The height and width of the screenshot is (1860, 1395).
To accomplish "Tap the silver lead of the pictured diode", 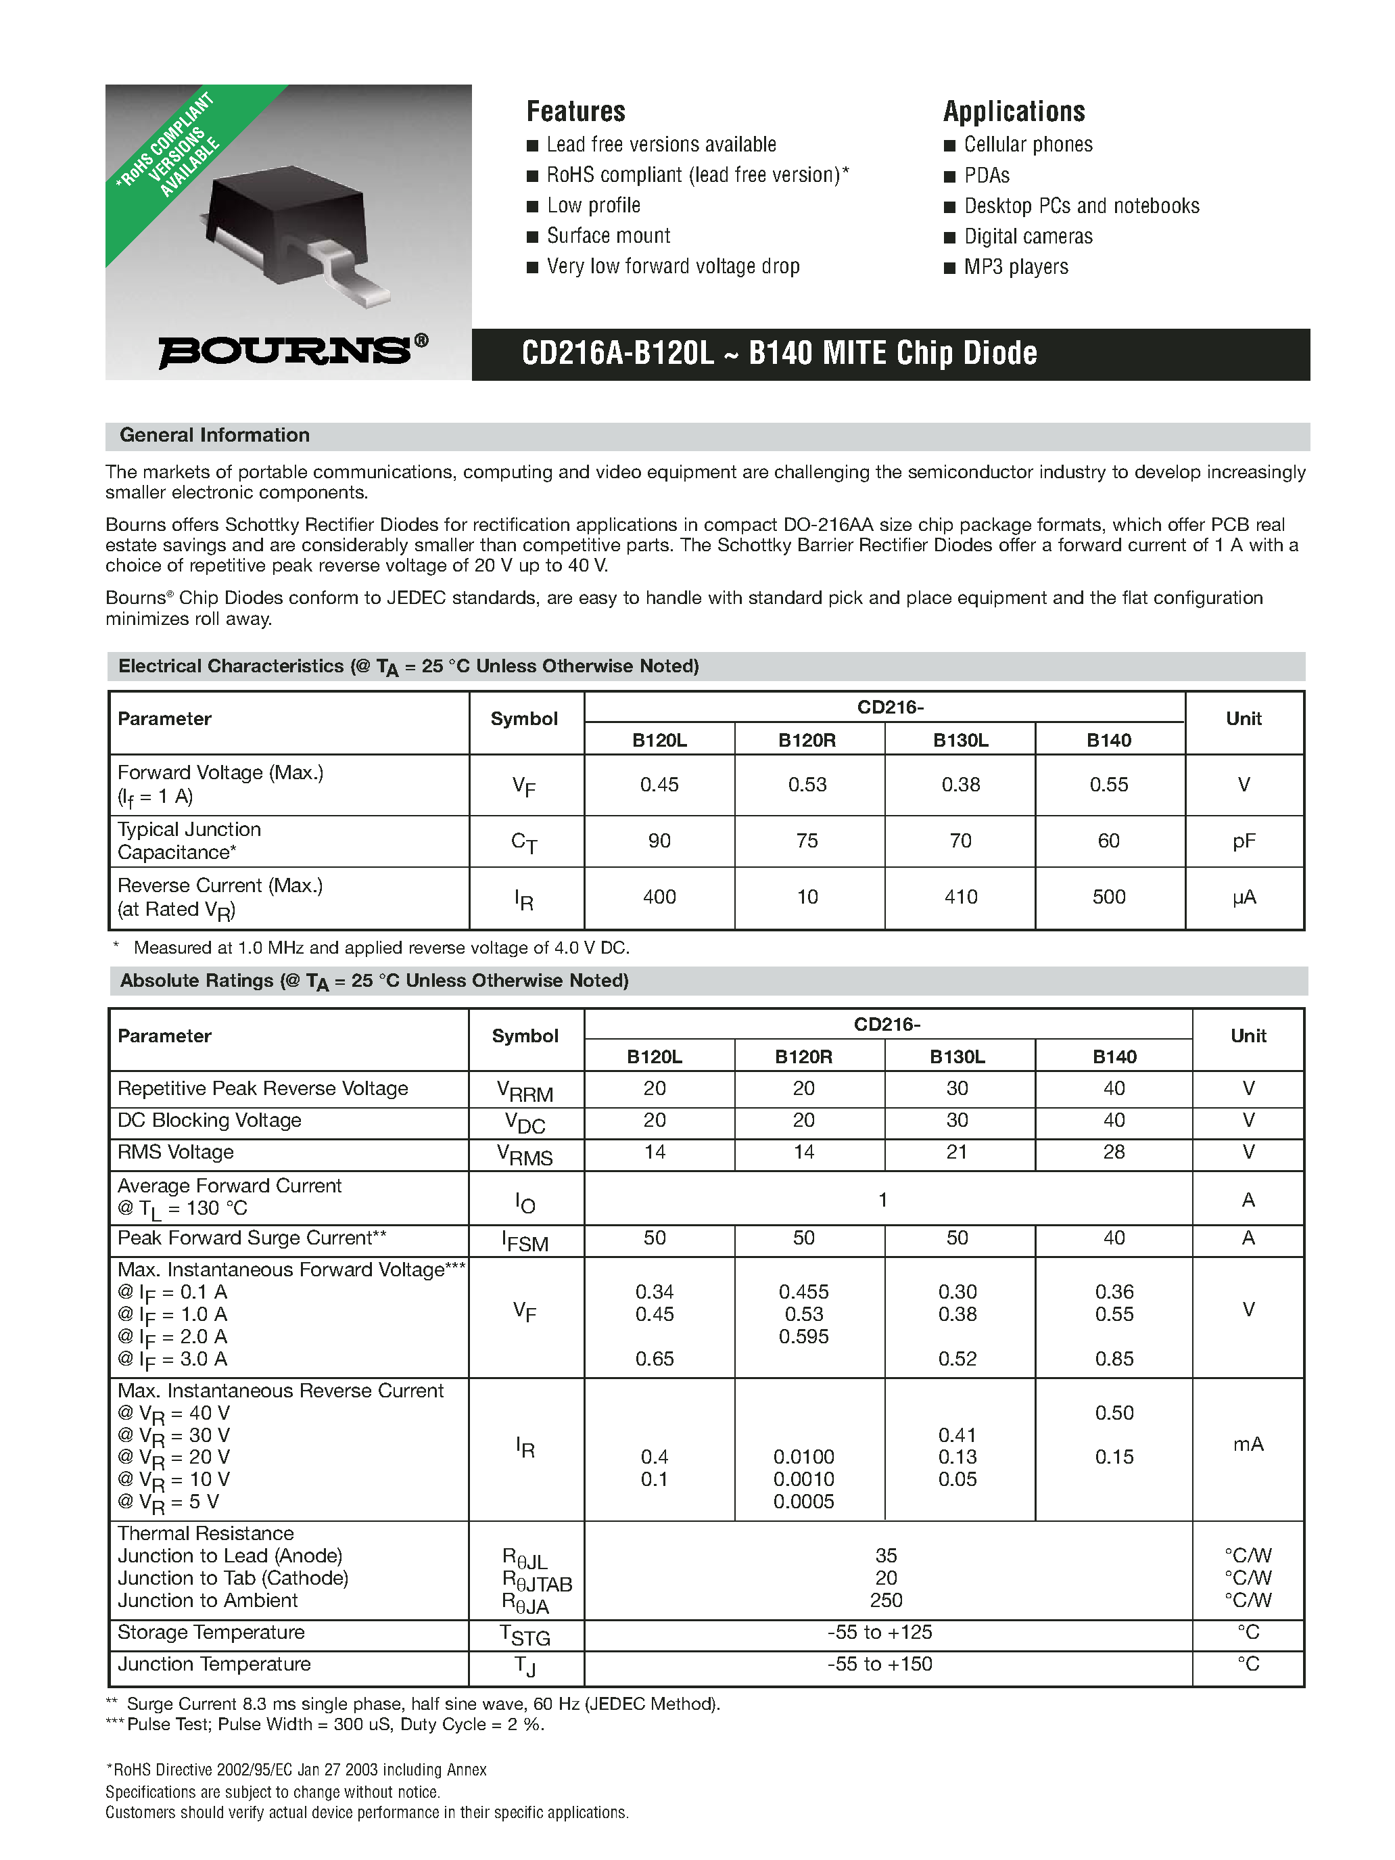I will coord(353,274).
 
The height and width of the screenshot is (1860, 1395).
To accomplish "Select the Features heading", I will coord(575,111).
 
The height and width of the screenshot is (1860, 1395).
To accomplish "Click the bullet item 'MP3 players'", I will coord(1015,267).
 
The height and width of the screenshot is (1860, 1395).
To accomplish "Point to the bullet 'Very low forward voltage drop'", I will coord(672,266).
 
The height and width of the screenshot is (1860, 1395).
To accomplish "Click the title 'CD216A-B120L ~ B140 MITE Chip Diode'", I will coord(778,353).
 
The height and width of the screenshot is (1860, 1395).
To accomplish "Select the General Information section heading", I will coord(214,436).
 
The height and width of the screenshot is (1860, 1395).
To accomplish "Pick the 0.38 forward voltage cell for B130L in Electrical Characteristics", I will coord(960,785).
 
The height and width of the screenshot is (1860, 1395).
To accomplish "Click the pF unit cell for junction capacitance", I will coord(1243,841).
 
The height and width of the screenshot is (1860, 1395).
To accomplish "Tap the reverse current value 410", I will coord(960,898).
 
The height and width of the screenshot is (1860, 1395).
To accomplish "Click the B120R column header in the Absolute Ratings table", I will coord(803,1057).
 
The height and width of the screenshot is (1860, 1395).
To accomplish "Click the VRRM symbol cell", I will coord(525,1090).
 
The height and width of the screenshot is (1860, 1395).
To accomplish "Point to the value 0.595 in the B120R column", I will coord(803,1336).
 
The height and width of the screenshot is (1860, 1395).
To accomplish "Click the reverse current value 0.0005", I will coord(803,1501).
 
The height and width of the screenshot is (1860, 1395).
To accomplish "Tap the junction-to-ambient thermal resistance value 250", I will coord(885,1600).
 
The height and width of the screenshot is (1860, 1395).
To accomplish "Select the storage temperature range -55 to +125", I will coord(880,1632).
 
